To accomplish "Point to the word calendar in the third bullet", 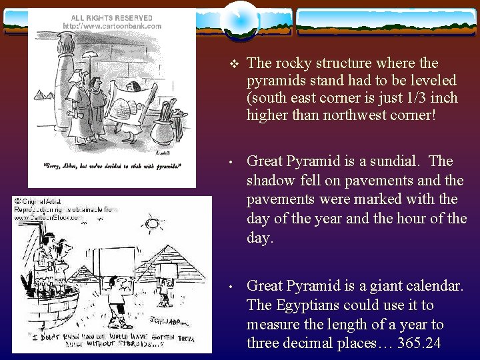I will [x=429, y=286].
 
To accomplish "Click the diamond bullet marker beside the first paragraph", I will [x=233, y=63].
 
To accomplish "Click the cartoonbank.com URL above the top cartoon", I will [x=112, y=26].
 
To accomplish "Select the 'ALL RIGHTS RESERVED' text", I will [x=112, y=18].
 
